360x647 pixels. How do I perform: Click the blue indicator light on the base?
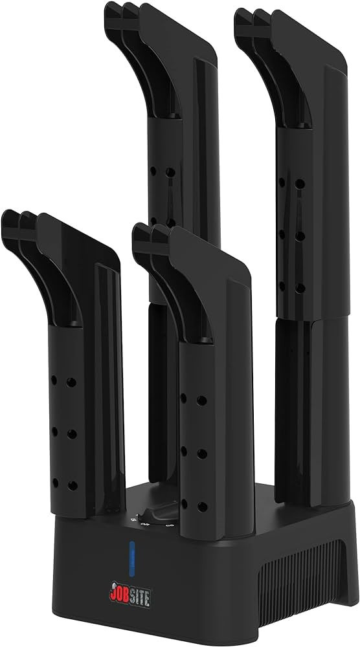coord(132,559)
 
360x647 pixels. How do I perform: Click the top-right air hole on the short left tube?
coord(71,382)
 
